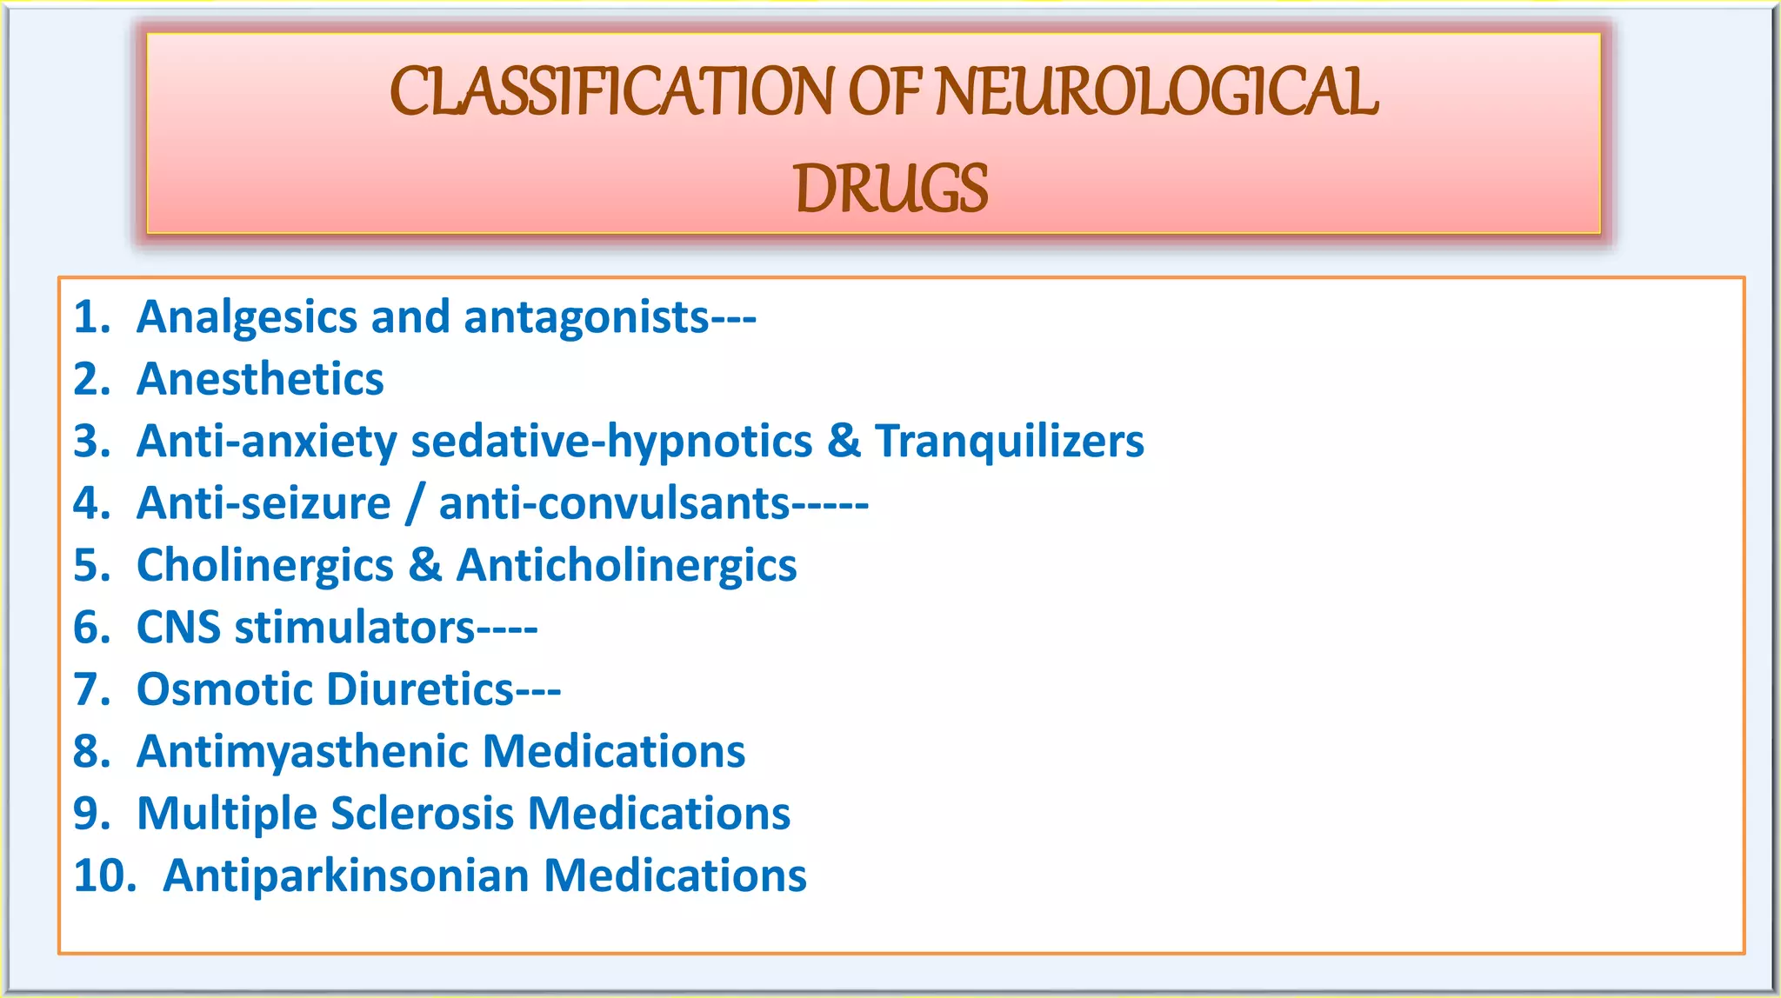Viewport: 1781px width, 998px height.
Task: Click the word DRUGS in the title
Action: pos(890,189)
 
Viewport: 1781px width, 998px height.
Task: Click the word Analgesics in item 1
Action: pos(248,317)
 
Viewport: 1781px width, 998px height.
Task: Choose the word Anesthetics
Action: pos(260,380)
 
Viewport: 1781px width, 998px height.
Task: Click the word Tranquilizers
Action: pos(1009,441)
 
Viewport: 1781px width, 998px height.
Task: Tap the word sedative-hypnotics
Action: pos(611,442)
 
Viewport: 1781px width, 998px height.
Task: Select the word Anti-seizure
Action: pos(263,503)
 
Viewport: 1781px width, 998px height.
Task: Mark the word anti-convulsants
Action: pos(614,503)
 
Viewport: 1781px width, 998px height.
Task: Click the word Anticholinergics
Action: pos(626,566)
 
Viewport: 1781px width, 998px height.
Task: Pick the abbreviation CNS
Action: pos(178,628)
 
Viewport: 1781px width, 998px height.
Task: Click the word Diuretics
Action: pos(422,689)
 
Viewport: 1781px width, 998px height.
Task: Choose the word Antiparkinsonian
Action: pos(346,875)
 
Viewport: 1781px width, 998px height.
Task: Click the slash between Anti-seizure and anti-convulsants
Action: pos(415,504)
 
